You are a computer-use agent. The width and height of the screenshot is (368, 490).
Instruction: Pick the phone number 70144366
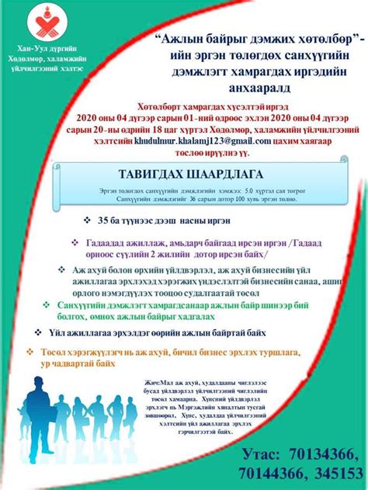coord(262,473)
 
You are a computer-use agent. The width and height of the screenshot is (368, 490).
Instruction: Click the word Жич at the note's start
coord(151,381)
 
